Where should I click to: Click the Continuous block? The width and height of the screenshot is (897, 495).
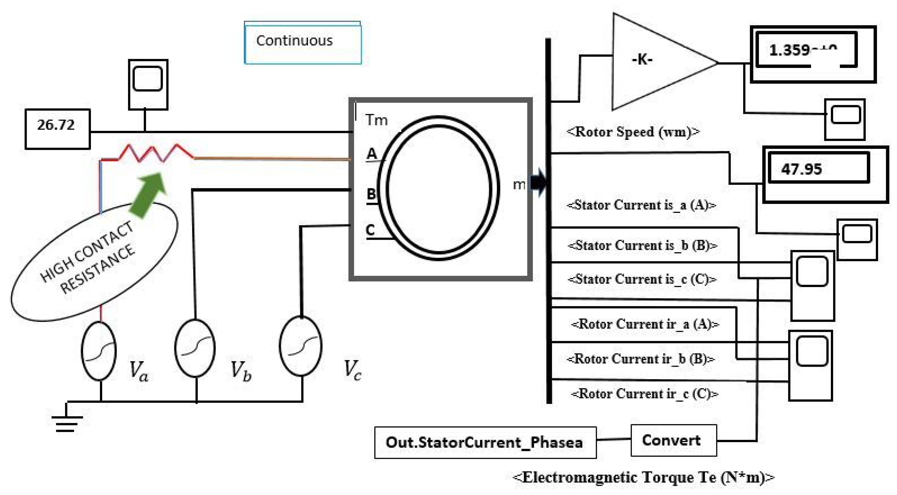[303, 43]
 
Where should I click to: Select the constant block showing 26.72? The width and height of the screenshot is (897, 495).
[57, 129]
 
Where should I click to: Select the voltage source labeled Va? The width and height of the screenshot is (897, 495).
[99, 350]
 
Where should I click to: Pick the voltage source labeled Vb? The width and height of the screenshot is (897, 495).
[195, 348]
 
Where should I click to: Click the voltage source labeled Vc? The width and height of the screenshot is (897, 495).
[300, 346]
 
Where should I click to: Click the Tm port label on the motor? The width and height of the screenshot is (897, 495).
[376, 120]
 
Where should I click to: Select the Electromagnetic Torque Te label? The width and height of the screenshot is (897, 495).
[644, 477]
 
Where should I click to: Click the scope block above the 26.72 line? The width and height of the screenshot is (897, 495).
[148, 84]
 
